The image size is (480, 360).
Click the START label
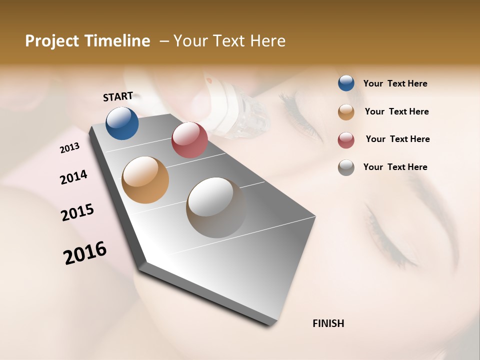coord(118,96)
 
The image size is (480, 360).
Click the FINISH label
coord(328,323)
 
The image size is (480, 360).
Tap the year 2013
coord(70,147)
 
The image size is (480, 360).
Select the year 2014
coord(73,177)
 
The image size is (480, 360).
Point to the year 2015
coord(77,212)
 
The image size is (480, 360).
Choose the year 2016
coord(85,252)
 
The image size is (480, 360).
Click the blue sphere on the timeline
coord(122,123)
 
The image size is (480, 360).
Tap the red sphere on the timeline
coord(189,140)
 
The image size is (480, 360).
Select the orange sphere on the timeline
coord(145,180)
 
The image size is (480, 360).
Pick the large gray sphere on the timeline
coord(216,207)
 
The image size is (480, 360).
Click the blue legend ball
coord(346,83)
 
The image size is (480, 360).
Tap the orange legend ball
coord(346,112)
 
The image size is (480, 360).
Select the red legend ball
coord(346,140)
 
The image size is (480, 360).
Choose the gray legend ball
coord(346,167)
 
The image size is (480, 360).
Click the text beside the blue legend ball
coord(395,83)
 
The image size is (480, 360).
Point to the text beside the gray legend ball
coord(395,167)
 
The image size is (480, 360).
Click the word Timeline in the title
coord(117,41)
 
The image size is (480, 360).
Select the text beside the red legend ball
coord(397,139)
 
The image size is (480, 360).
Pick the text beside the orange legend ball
coord(396,111)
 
